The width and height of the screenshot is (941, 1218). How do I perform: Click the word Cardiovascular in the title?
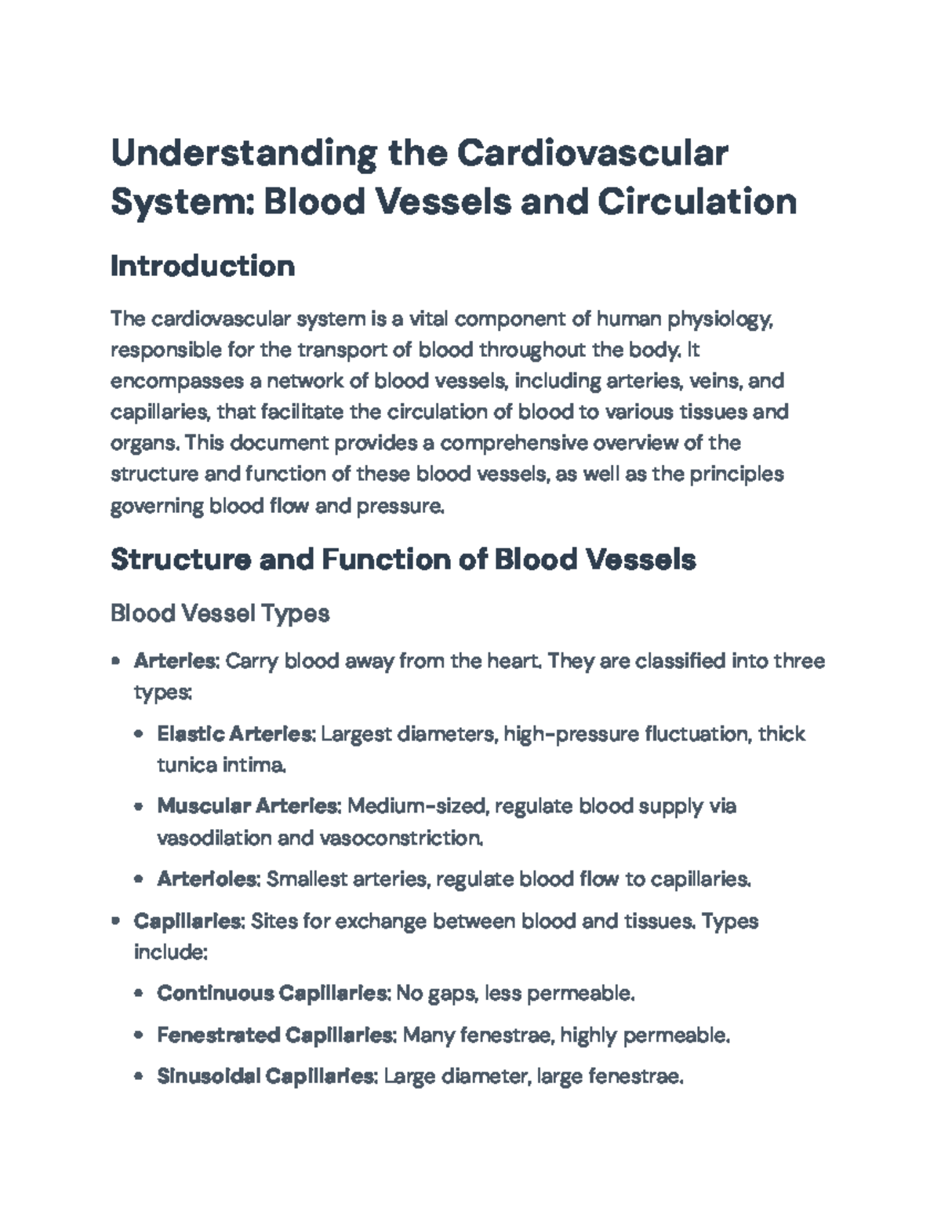592,153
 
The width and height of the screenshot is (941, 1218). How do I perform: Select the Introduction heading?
202,266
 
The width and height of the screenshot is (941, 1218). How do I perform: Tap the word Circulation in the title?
697,202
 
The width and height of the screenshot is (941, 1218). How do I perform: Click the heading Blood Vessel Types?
220,613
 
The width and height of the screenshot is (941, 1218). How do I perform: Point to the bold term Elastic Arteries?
235,734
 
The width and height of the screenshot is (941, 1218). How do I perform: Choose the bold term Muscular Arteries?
248,806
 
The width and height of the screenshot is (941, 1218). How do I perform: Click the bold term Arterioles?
207,879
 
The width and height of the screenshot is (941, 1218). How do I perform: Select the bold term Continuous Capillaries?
272,994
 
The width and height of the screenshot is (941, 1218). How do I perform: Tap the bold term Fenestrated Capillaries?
274,1035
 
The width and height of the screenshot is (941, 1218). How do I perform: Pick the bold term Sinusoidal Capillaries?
266,1077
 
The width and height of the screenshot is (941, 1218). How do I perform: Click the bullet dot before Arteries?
116,661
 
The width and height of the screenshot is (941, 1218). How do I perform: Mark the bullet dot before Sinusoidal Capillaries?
139,1077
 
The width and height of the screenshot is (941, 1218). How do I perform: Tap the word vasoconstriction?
400,838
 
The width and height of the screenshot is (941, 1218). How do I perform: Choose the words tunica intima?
221,765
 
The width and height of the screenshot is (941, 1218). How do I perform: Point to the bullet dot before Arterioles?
139,879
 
